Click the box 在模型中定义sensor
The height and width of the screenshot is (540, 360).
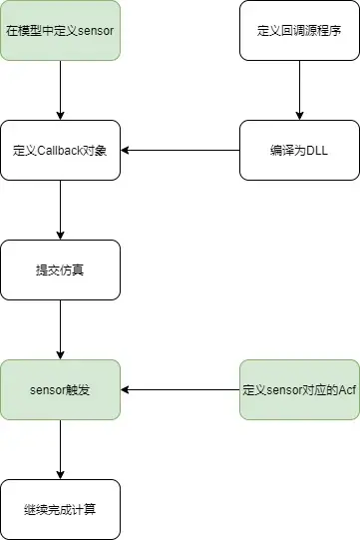(60, 30)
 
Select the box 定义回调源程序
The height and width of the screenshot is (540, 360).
(299, 30)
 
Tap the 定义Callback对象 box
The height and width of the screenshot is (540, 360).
(60, 150)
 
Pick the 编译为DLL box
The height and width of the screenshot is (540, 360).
(299, 150)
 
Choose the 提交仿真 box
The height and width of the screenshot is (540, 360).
(60, 270)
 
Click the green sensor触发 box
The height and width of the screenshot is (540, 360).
(60, 390)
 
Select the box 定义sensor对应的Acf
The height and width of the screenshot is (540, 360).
(299, 390)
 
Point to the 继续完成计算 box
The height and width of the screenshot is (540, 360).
(60, 509)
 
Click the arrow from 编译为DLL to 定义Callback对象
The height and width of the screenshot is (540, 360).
(180, 150)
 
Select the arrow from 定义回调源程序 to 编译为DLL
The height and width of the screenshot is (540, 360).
(299, 90)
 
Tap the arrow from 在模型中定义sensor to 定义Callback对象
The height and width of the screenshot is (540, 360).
(60, 90)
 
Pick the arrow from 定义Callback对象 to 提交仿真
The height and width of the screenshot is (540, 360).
(60, 210)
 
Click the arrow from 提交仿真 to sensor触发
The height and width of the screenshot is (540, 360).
(60, 330)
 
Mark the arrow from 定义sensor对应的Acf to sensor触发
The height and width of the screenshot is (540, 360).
(180, 390)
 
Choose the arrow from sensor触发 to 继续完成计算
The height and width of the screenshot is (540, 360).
(60, 450)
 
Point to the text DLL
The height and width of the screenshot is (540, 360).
(317, 151)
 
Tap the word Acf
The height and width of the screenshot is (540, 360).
(347, 390)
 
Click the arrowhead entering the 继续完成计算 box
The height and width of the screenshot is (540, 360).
(60, 475)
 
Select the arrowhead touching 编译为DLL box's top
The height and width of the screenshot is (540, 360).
(299, 116)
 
